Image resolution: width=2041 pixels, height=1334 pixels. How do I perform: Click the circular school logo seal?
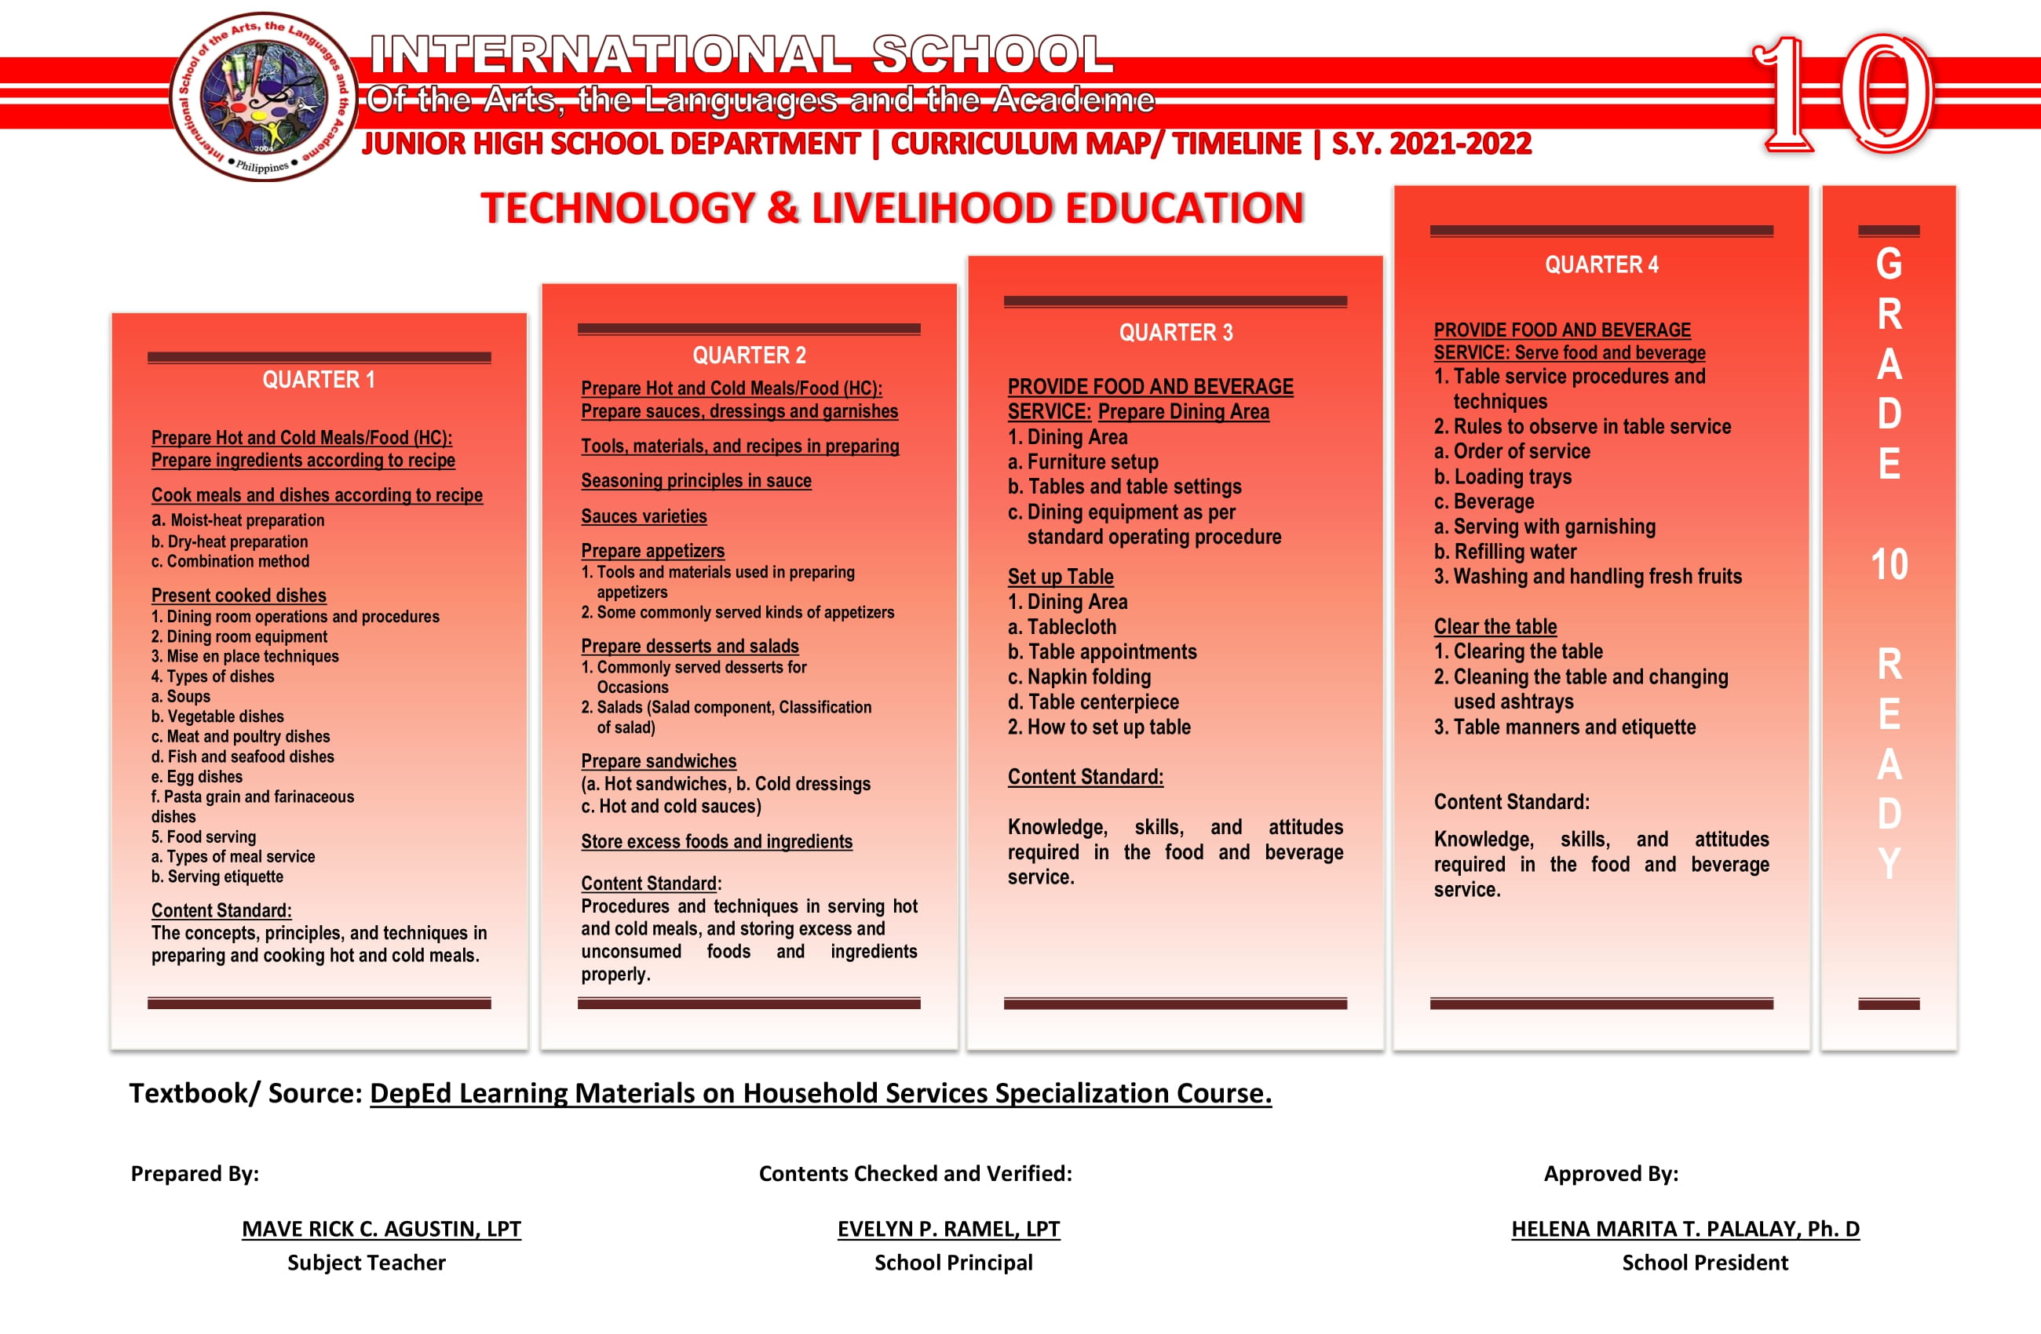pos(264,97)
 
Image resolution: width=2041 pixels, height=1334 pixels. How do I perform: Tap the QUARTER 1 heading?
pos(318,380)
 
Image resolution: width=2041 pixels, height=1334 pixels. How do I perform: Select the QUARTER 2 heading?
pos(749,355)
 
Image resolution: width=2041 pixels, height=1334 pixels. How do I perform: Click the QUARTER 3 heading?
pos(1175,333)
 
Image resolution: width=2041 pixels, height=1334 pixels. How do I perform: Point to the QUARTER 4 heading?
pos(1601,265)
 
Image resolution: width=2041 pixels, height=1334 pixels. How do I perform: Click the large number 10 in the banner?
pos(1844,94)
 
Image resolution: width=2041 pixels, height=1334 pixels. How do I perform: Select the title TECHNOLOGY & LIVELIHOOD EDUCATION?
pos(892,208)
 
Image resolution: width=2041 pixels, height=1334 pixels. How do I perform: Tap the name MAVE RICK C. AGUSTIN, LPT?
pos(381,1229)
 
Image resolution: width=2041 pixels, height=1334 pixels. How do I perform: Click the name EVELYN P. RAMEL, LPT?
pos(948,1229)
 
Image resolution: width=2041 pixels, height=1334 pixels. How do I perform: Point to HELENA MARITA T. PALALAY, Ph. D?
pos(1685,1229)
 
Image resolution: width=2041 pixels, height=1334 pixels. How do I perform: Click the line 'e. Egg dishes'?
pos(196,777)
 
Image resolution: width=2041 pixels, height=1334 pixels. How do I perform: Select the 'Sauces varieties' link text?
pos(644,516)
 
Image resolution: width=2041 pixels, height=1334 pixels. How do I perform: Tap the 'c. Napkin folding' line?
pos(1079,676)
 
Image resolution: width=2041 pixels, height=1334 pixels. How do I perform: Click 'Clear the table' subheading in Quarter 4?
pos(1495,627)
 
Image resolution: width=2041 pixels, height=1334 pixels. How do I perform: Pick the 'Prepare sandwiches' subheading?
pos(659,761)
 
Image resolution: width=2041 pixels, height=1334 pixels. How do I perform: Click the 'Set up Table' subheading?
pos(1060,577)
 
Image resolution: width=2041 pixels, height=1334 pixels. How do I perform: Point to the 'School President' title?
pos(1705,1263)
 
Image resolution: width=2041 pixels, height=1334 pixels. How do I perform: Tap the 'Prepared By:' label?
pos(195,1174)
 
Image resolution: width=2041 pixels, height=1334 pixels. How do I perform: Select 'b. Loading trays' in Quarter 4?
pos(1502,476)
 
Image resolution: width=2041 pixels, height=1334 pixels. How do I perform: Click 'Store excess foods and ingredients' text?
pos(717,842)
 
